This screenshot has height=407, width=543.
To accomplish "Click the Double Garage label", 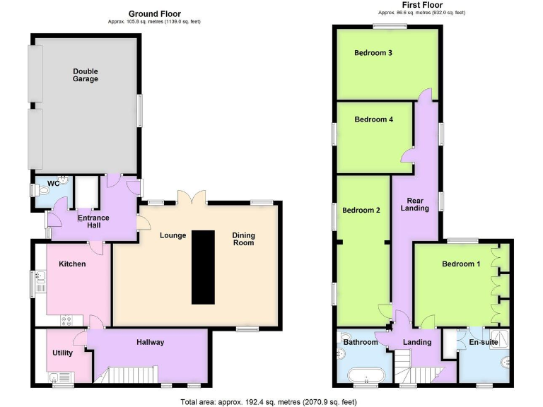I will click(85, 74).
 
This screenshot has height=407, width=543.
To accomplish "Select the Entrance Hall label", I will click(93, 220).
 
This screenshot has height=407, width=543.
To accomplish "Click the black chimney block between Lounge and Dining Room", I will click(202, 266).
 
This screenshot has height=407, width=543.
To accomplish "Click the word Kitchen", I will click(72, 264).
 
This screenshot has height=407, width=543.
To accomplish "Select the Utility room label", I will click(63, 353).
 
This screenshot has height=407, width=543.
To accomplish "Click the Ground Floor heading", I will click(154, 13).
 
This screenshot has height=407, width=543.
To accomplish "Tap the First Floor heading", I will click(423, 4).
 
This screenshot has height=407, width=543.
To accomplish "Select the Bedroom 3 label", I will click(375, 52).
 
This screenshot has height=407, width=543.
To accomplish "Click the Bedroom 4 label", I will click(373, 119).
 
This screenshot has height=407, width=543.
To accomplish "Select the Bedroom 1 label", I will click(461, 264).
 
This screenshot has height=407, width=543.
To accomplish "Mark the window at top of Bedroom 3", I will click(390, 27).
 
